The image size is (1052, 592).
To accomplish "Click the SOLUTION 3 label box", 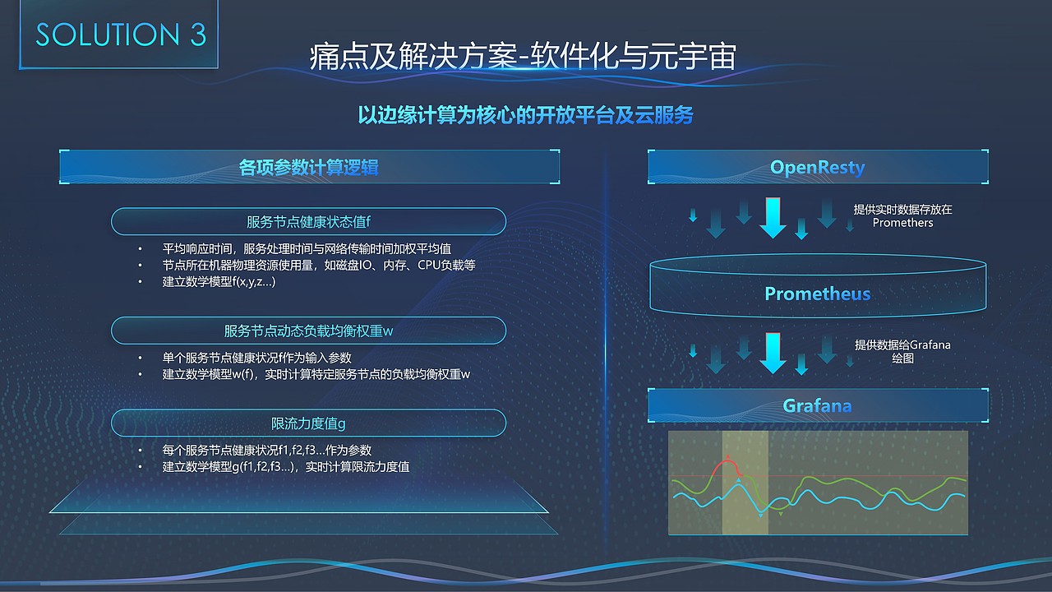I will pos(121,35).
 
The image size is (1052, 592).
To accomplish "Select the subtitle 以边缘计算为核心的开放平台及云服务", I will pos(525,114).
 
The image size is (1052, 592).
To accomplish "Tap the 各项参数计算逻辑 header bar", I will pos(309,167).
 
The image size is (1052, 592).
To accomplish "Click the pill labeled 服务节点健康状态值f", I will pos(308,222).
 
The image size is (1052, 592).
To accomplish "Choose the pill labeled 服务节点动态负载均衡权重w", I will pos(308,331).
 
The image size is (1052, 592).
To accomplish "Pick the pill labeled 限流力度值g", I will pos(308,423).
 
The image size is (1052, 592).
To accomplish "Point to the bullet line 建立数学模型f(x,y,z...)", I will pos(219,282).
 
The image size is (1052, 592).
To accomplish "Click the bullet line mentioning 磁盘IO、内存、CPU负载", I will pos(319,266).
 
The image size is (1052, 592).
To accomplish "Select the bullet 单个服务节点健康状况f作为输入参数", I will pos(256,358).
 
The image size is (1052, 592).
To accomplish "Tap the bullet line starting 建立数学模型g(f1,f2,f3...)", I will pos(285,467).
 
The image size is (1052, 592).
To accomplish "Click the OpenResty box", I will pos(818,167).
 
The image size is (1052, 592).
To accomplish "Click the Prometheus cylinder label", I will pos(818,294).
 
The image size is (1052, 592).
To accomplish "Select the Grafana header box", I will pos(818,405).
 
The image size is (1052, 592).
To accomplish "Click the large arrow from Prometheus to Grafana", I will pos(773,352).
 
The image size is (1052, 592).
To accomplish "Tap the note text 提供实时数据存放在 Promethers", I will pos(902,216).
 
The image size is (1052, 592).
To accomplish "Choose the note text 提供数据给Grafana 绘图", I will pos(902,352).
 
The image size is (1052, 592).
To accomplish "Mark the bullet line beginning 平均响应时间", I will pos(306,248).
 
